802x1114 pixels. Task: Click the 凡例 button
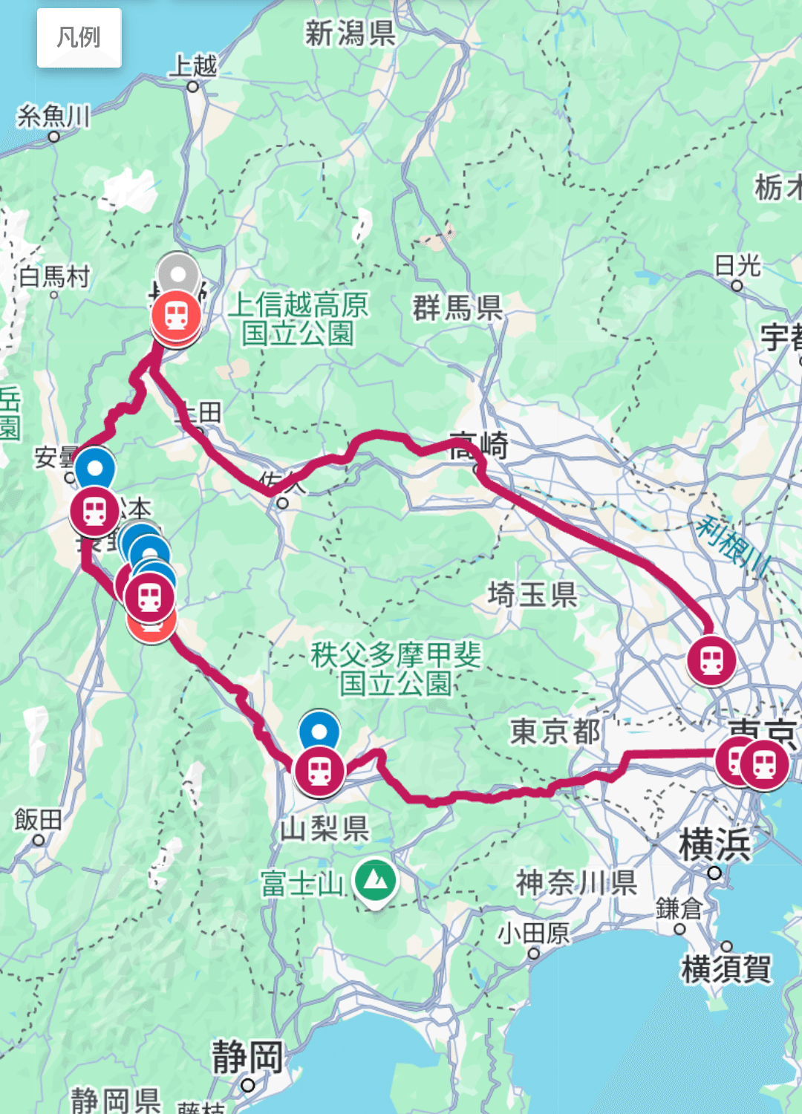tap(79, 37)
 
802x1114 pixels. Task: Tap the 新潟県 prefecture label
tap(350, 33)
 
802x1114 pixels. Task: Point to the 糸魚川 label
tap(53, 117)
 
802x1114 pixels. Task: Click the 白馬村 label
tap(54, 277)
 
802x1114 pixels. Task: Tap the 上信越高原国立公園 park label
tap(298, 319)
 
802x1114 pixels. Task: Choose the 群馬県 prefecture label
tap(457, 307)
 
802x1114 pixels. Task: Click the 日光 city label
tap(737, 265)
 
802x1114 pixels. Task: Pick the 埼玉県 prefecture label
tap(532, 594)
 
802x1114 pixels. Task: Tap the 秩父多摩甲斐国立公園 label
tap(396, 668)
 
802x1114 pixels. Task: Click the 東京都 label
tap(555, 732)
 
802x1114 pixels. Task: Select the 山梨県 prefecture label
tap(325, 828)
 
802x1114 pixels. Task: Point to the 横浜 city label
tap(714, 845)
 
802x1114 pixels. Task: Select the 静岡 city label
tap(247, 1056)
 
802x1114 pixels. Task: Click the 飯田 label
tap(38, 820)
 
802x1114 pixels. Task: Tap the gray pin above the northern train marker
tap(177, 273)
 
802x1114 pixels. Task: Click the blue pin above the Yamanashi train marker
tap(319, 730)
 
